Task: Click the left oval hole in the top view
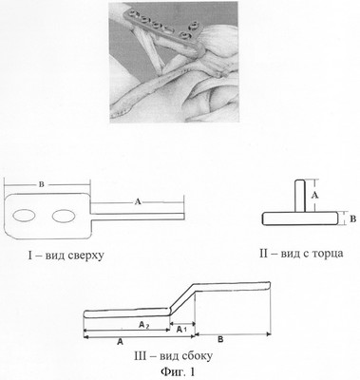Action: [x=24, y=216]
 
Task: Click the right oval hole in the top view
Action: [x=64, y=216]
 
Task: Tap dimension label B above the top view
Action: [x=42, y=185]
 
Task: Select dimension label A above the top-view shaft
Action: [x=138, y=201]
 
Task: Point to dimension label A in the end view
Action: [x=314, y=196]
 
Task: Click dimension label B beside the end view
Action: [x=353, y=219]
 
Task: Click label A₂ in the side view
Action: [x=144, y=324]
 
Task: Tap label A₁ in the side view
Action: [x=181, y=330]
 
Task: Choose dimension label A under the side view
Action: [x=120, y=341]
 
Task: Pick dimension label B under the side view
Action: [x=221, y=340]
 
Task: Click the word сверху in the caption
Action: [x=85, y=256]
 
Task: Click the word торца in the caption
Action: [x=328, y=254]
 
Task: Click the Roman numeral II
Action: [x=264, y=254]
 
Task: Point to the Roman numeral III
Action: [x=141, y=356]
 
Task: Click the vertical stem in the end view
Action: [x=300, y=196]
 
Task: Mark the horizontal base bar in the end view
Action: [x=300, y=218]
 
